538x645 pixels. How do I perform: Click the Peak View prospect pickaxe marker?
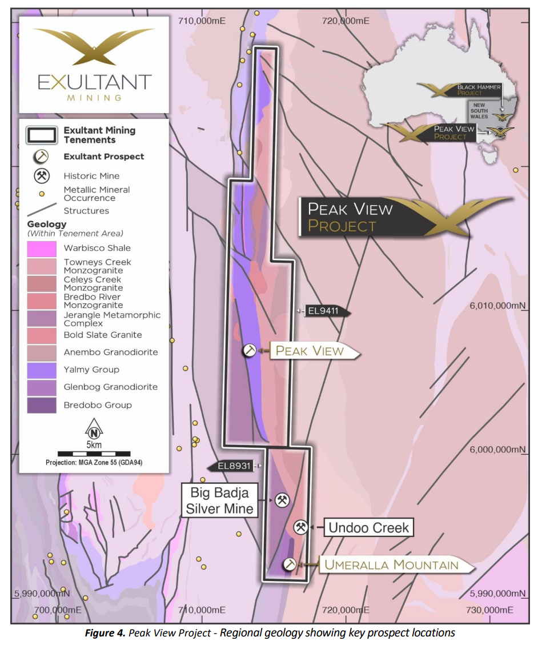click(250, 351)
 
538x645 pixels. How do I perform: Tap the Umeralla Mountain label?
click(392, 565)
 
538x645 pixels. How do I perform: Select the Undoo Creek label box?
click(368, 527)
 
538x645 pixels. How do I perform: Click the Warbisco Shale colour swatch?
click(42, 249)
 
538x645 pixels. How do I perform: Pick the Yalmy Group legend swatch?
click(42, 370)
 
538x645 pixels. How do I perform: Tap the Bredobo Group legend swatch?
click(42, 405)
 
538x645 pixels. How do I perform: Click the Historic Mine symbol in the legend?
click(42, 176)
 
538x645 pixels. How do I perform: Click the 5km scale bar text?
click(94, 445)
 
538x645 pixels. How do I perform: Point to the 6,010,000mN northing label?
click(497, 305)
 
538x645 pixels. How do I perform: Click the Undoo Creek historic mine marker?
click(302, 527)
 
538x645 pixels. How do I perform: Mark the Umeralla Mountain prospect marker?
click(290, 564)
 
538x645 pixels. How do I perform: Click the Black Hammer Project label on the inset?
click(479, 90)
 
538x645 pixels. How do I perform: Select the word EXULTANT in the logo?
click(94, 82)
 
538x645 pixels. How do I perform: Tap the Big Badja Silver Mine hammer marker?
click(282, 500)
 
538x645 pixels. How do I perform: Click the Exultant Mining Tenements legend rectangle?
click(42, 135)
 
